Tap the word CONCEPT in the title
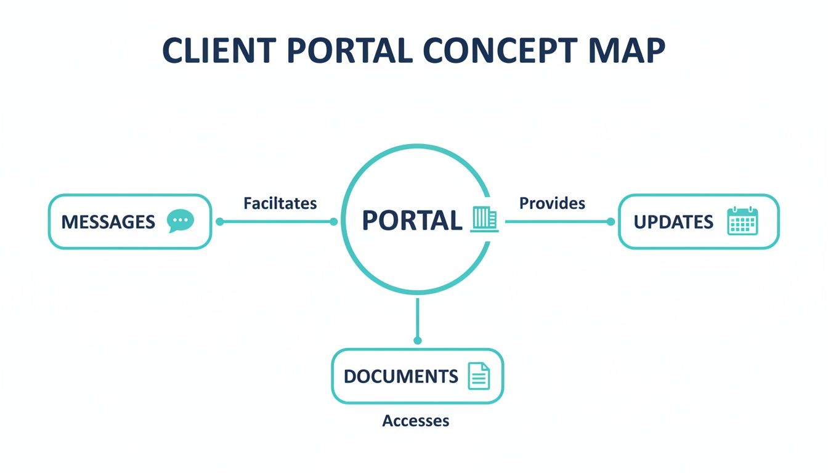point(508,52)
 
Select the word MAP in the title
point(631,52)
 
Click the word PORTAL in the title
point(348,52)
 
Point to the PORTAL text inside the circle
point(412,220)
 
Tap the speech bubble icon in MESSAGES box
point(181,221)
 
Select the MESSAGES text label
point(108,222)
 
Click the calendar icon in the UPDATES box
point(742,221)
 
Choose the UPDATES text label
point(673,222)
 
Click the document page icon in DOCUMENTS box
point(479,376)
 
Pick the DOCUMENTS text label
point(400,376)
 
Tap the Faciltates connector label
point(280,203)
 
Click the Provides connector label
point(552,203)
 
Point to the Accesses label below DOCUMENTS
point(415,421)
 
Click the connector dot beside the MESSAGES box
point(220,222)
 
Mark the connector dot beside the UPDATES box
point(611,222)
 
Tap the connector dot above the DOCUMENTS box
point(418,340)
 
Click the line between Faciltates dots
point(277,222)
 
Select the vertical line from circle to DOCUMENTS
point(418,317)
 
